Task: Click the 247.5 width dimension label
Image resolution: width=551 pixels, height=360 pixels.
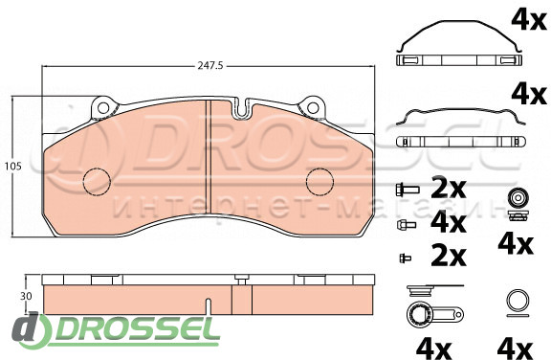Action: (x=210, y=66)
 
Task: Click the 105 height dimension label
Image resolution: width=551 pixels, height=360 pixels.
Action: (x=13, y=166)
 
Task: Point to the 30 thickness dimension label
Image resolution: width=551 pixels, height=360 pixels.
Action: (x=26, y=296)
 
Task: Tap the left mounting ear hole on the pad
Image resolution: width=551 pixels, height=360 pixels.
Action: (x=103, y=108)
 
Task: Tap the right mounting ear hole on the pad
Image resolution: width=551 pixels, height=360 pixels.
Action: (x=313, y=108)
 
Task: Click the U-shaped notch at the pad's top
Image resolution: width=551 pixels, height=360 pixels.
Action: (x=241, y=108)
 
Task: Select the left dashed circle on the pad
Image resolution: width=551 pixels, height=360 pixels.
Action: (x=97, y=181)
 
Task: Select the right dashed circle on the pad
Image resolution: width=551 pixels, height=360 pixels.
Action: (x=320, y=181)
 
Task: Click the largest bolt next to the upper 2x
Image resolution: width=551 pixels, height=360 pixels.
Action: (x=407, y=190)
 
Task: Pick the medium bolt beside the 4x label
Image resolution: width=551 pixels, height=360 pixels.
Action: (x=407, y=224)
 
